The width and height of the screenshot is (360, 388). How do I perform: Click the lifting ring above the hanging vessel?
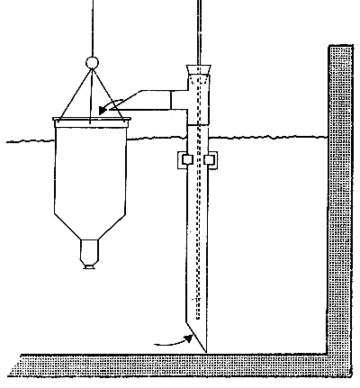tap(90, 63)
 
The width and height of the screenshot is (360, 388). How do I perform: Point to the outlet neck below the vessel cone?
tap(91, 249)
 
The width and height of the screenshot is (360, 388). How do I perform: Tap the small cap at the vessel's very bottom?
tap(91, 264)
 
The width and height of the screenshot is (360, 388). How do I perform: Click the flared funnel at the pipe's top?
tap(198, 70)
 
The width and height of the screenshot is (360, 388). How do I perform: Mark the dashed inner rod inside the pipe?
tap(198, 225)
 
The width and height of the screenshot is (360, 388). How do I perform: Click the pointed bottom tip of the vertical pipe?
tap(206, 348)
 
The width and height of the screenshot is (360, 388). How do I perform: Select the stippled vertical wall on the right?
tap(339, 198)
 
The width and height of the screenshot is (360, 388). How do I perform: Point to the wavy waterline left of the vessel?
tap(27, 140)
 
